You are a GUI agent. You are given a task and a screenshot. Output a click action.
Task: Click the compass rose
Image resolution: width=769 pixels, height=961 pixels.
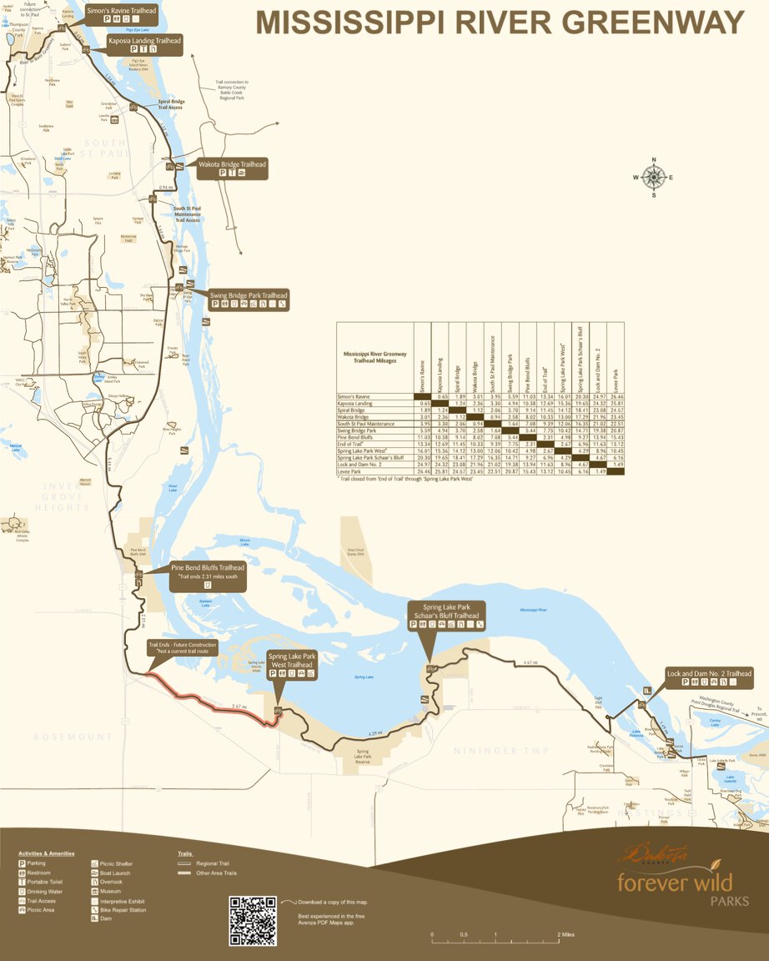point(654,177)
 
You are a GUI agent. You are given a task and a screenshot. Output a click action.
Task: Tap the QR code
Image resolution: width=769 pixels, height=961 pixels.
point(253,920)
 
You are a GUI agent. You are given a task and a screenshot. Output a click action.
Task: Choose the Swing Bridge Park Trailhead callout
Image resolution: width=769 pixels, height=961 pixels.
point(249,300)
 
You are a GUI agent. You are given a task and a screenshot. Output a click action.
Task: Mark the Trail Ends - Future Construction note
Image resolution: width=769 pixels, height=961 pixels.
point(182,648)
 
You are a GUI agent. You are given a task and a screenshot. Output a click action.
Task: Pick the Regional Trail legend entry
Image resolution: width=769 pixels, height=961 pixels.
point(214,863)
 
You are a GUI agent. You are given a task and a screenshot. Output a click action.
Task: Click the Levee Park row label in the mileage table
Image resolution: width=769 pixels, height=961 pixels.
point(350,471)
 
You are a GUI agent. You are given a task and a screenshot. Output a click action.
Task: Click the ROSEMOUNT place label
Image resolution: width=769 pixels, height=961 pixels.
point(73,737)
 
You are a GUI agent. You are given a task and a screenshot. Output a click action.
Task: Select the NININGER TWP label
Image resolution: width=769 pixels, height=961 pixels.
point(501,751)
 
